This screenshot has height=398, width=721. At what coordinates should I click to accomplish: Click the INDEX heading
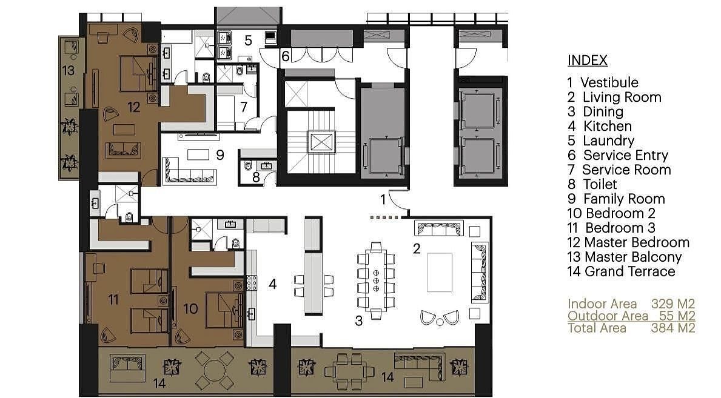point(587,60)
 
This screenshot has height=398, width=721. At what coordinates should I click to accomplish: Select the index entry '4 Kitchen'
point(600,126)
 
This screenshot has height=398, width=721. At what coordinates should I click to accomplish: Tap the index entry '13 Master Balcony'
point(625,257)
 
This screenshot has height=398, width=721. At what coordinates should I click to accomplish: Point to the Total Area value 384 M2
point(672,328)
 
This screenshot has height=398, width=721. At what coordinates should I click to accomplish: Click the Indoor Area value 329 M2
point(672,303)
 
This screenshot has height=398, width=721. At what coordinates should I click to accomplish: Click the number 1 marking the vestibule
point(383,199)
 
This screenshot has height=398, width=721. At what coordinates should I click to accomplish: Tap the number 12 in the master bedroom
point(134,107)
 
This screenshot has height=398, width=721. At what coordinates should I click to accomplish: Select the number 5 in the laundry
point(248,41)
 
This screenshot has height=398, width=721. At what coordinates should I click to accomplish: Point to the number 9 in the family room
point(220,155)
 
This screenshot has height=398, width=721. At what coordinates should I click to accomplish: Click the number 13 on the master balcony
point(68,70)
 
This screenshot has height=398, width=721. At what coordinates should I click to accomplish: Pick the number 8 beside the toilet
point(256,177)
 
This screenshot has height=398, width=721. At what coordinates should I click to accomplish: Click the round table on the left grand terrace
point(214,370)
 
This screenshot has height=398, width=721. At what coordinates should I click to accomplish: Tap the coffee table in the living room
point(439,272)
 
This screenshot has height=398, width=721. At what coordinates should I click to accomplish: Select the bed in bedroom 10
point(224,310)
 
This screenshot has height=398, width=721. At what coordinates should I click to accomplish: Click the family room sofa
point(189,171)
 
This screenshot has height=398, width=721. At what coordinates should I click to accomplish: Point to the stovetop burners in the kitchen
point(252,283)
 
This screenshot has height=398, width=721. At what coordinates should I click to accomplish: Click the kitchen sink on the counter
point(251,314)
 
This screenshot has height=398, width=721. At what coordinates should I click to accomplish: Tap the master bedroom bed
point(139,73)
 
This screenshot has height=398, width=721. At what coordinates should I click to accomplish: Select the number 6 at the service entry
point(285,56)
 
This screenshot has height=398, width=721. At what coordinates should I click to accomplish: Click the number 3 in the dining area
point(358,321)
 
